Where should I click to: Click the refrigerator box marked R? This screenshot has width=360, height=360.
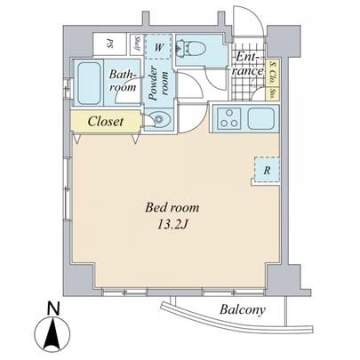[267, 169]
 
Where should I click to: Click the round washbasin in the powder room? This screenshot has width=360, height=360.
[159, 120]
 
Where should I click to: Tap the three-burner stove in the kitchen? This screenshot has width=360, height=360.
[228, 117]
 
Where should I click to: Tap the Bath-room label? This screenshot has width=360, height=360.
[122, 82]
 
